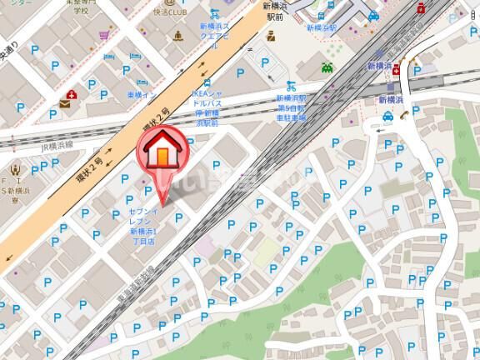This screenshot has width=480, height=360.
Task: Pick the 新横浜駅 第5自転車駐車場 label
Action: coord(292,108)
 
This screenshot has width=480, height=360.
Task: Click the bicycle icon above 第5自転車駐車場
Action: coord(291,85)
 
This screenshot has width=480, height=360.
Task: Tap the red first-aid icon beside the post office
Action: coord(74,92)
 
